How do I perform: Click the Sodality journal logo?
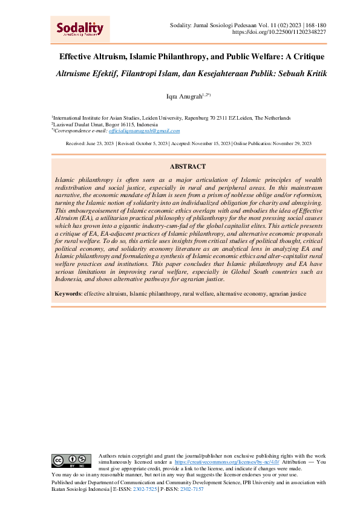80,28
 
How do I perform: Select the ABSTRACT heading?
188,166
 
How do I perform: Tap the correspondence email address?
149,131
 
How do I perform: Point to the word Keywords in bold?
68,294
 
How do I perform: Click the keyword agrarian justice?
286,294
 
